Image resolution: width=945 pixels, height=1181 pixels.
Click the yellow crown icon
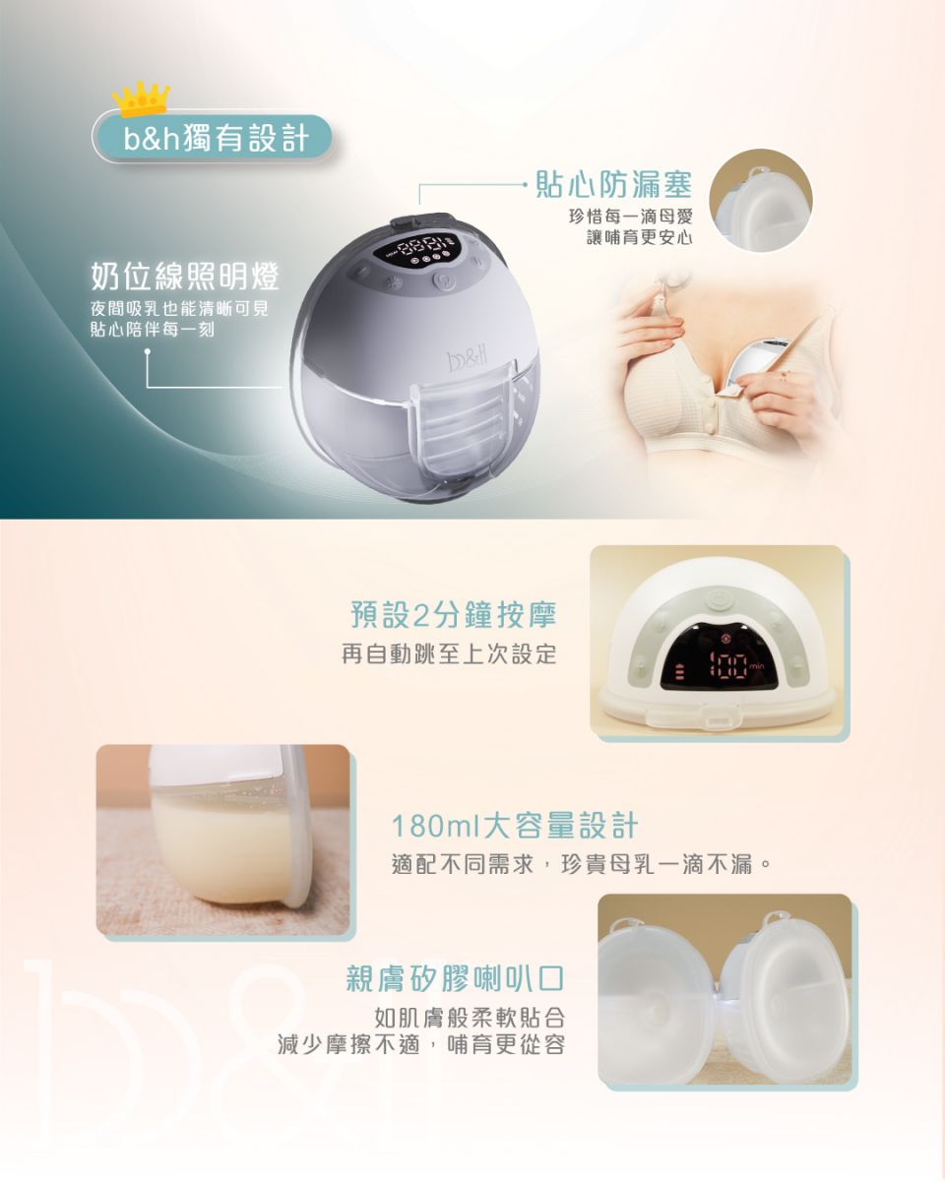coord(141,98)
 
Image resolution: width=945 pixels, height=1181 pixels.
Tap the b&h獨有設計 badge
coord(212,138)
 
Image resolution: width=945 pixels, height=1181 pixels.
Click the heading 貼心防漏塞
coord(613,184)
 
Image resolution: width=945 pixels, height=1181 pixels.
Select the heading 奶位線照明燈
coord(185,276)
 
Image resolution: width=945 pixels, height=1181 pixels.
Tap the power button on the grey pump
coord(441,282)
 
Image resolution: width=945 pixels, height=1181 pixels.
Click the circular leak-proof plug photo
coord(761,201)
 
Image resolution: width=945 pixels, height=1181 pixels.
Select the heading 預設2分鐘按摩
coord(454,614)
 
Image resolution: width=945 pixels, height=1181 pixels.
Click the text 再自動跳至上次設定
coord(449,653)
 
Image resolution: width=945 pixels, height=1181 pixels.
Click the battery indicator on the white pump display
coord(680,671)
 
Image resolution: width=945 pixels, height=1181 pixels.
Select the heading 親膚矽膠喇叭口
coord(455,978)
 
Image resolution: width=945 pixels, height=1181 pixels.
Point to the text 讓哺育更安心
coord(639,237)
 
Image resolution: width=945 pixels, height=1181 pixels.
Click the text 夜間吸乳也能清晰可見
coord(179,309)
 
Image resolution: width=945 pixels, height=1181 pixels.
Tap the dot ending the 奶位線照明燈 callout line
coord(148,353)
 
